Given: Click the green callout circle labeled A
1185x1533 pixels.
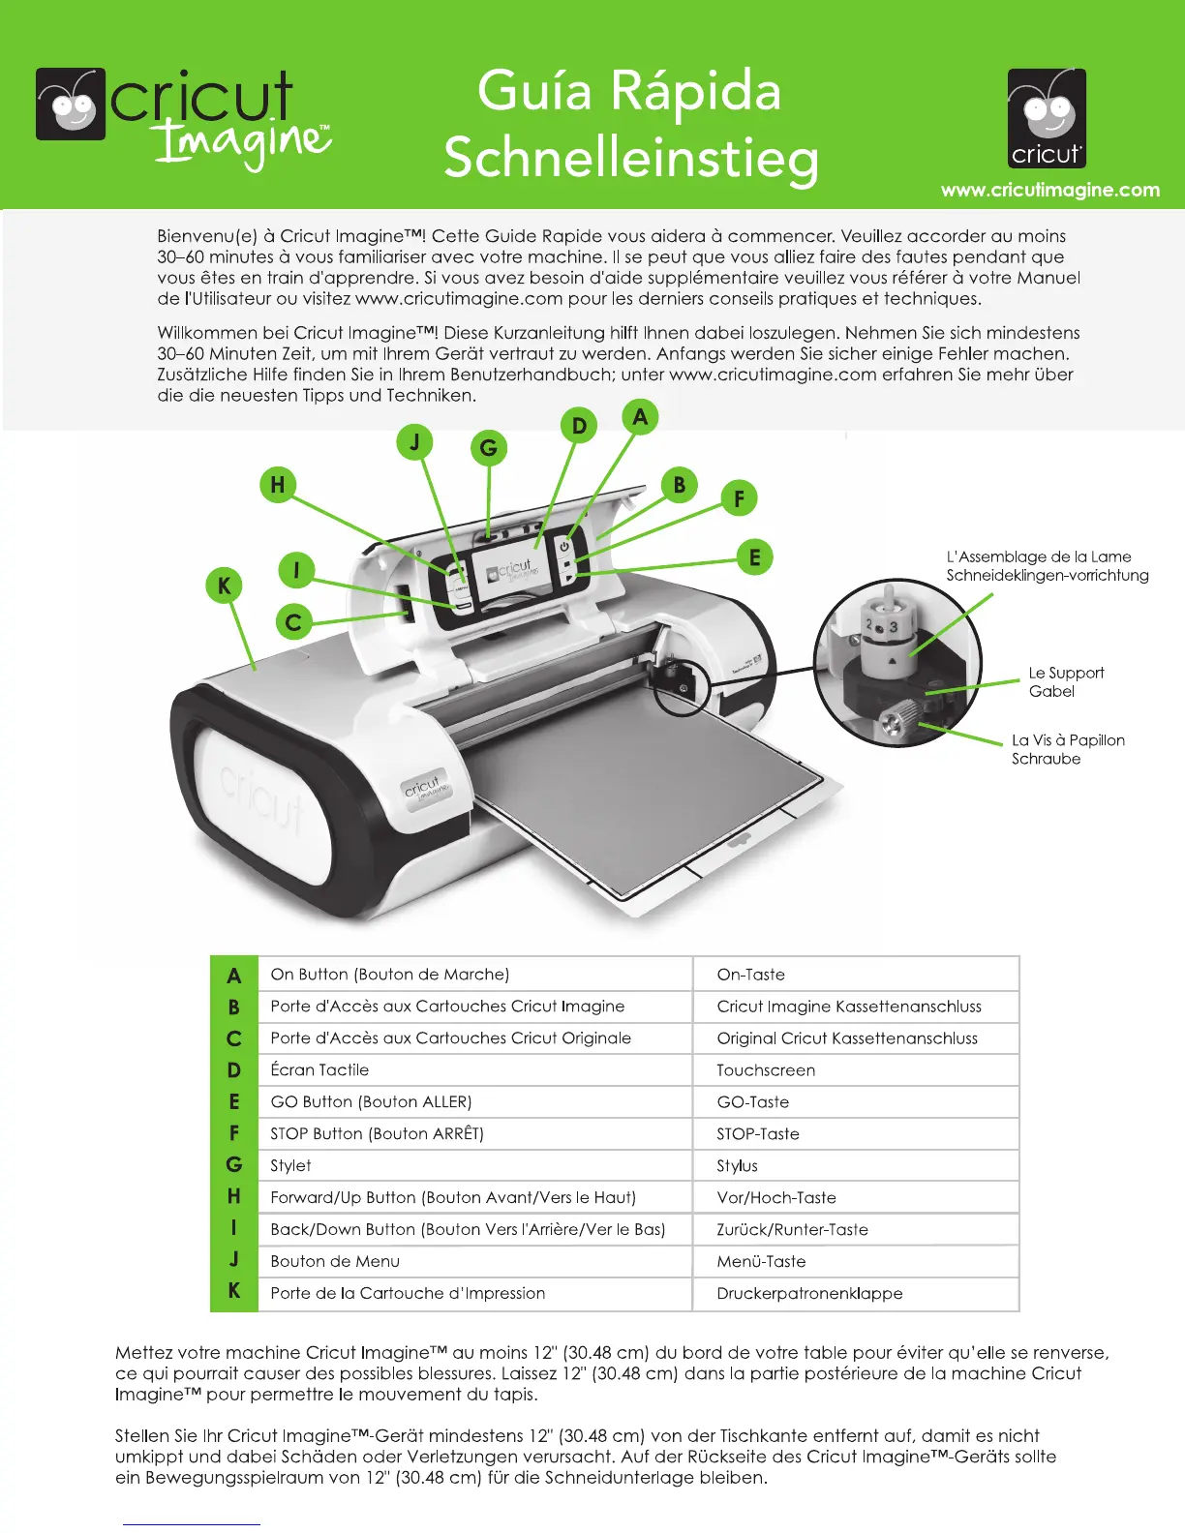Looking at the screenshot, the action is [x=639, y=417].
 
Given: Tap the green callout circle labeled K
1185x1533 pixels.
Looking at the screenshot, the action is [x=225, y=586].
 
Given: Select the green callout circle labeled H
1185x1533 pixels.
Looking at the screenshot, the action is [x=278, y=485].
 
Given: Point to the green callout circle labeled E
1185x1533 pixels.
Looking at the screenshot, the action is [x=754, y=557].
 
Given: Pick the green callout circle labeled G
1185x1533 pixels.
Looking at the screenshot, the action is [x=489, y=448].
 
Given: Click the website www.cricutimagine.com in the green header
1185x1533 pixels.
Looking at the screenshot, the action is [x=1050, y=190].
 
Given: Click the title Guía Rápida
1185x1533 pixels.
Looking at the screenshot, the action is [x=629, y=91].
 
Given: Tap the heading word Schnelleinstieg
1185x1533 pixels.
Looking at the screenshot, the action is [x=630, y=158].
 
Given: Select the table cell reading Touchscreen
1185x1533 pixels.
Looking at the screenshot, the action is [x=766, y=1070].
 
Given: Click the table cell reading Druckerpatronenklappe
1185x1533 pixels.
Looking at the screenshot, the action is [x=809, y=1294].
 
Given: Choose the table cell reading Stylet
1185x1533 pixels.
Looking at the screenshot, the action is [x=290, y=1166].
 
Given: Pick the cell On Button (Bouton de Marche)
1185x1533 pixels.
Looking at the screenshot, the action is [x=389, y=975].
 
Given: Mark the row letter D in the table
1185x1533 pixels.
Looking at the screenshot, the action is [x=234, y=1070].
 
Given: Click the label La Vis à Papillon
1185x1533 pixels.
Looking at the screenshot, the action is [x=1068, y=740].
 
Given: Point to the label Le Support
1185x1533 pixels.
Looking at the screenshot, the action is [x=1066, y=673].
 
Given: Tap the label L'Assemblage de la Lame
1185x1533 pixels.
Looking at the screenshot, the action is [x=1038, y=556].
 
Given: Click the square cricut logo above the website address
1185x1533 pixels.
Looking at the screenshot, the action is [x=1047, y=118].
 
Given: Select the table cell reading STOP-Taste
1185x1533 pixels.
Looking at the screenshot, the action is [x=758, y=1134].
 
